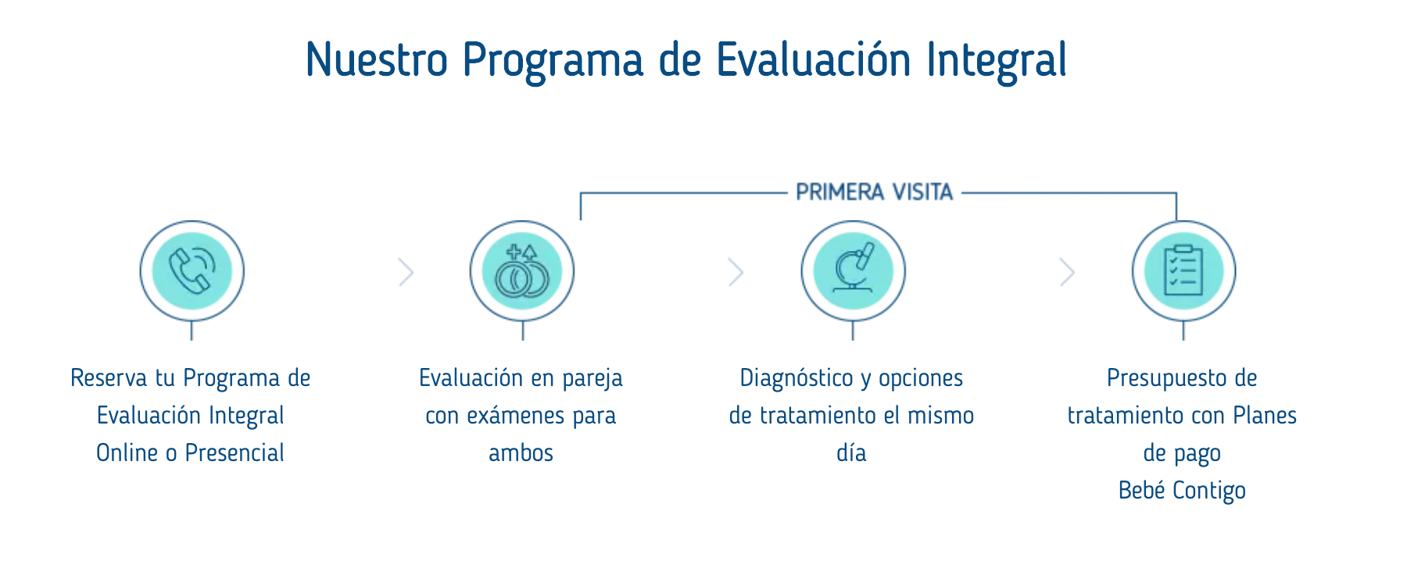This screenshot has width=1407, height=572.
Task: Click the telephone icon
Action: click(192, 270)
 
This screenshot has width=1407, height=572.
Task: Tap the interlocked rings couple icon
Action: click(522, 272)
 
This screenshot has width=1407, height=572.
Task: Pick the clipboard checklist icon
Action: click(1183, 270)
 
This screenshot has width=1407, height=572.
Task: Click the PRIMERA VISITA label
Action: click(874, 192)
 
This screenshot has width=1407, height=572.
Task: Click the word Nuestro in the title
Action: click(377, 59)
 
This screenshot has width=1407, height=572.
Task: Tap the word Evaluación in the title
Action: click(814, 59)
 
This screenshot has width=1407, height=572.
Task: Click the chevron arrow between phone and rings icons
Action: click(406, 272)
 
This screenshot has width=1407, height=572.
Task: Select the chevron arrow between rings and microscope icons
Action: click(736, 272)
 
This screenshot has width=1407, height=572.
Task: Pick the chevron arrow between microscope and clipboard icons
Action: click(1067, 272)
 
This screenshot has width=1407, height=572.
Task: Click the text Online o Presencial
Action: click(190, 453)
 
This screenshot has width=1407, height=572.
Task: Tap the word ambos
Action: click(521, 453)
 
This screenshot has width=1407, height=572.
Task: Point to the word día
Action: click(851, 453)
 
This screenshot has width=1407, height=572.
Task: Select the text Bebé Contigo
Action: click(1182, 491)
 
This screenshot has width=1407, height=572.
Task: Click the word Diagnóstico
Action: click(797, 378)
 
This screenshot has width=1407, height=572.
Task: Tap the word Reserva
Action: click(109, 378)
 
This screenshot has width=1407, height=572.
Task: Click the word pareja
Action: click(593, 379)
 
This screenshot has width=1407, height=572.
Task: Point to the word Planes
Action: click(1265, 416)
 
